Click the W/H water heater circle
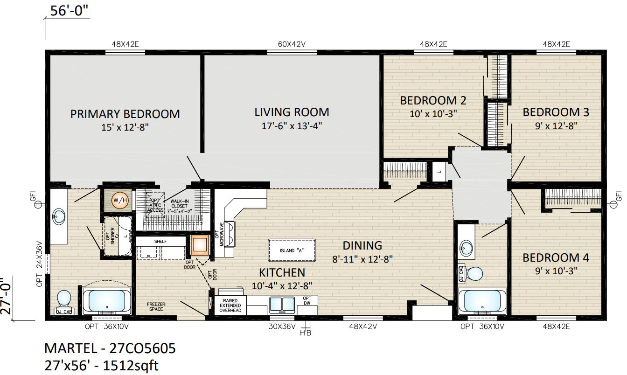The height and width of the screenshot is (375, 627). [120, 200]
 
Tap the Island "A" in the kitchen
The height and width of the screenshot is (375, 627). [292, 250]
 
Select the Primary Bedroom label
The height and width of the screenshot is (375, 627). [125, 114]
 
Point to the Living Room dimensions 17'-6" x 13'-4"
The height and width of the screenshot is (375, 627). [292, 126]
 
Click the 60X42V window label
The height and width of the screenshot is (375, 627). [292, 44]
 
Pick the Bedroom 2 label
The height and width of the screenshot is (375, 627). [433, 100]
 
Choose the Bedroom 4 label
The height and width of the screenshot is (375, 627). [556, 258]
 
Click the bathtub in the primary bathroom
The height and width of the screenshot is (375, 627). [107, 301]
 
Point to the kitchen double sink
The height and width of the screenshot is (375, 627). [282, 305]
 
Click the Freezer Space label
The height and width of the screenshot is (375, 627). [156, 306]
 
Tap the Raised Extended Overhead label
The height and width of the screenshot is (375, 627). [230, 306]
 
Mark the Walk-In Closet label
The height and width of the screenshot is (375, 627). [179, 206]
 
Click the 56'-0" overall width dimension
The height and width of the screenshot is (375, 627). [69, 11]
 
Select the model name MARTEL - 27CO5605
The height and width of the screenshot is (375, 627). [110, 348]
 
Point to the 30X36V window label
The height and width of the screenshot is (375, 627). [282, 326]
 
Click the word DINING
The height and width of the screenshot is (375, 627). [362, 245]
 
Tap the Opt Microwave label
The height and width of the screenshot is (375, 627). [220, 234]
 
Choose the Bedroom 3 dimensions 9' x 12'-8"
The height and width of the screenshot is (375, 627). [556, 126]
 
